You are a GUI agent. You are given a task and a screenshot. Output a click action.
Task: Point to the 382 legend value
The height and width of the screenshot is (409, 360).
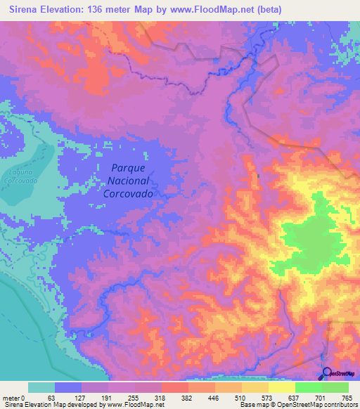[x=189, y=398]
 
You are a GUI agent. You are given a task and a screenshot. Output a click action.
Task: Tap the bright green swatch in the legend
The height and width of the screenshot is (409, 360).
[x=308, y=388]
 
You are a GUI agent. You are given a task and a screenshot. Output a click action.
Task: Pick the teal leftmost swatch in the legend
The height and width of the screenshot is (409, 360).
[x=41, y=388]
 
